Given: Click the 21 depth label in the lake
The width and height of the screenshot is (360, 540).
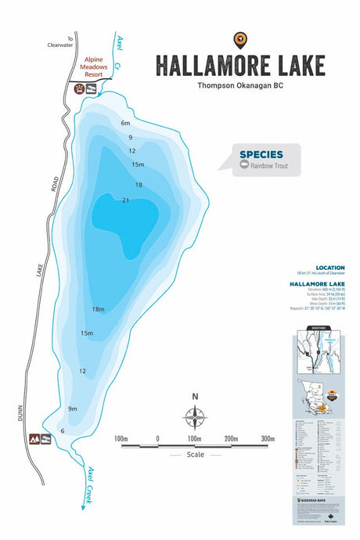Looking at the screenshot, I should pos(125,200).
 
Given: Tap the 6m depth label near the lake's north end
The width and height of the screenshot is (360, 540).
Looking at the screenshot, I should pos(125,123).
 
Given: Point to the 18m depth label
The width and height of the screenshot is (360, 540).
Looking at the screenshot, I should pos(98,310).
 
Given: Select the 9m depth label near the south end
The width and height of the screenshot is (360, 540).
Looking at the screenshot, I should pos(73,409).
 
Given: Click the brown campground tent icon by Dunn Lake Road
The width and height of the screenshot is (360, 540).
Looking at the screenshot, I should pos(34,438).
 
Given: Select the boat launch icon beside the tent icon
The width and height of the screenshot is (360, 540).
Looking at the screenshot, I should pos(46,438).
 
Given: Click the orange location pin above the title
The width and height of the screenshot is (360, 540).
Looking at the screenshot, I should pos(239,39).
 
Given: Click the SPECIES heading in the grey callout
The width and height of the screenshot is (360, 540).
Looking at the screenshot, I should pos(261,154).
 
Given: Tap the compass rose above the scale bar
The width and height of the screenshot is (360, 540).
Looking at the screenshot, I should pos(195,415).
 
